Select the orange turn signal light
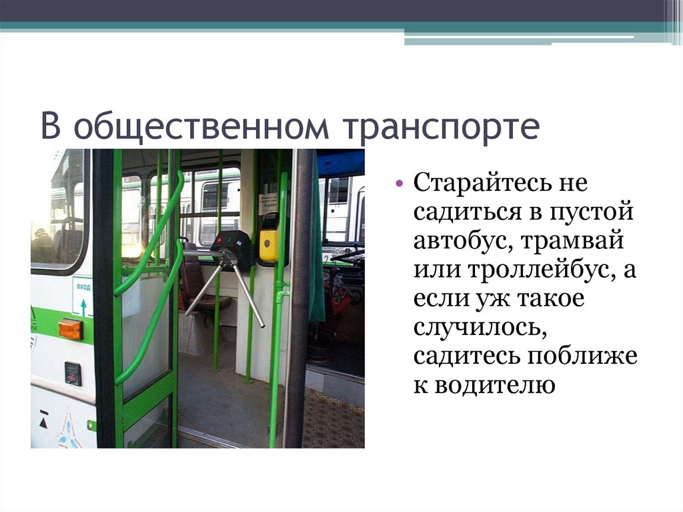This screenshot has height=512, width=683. point(70,328)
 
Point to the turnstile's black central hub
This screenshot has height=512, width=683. point(231,250)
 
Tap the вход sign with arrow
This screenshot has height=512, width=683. point(83,297)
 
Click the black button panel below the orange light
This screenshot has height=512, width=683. point(73,373)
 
